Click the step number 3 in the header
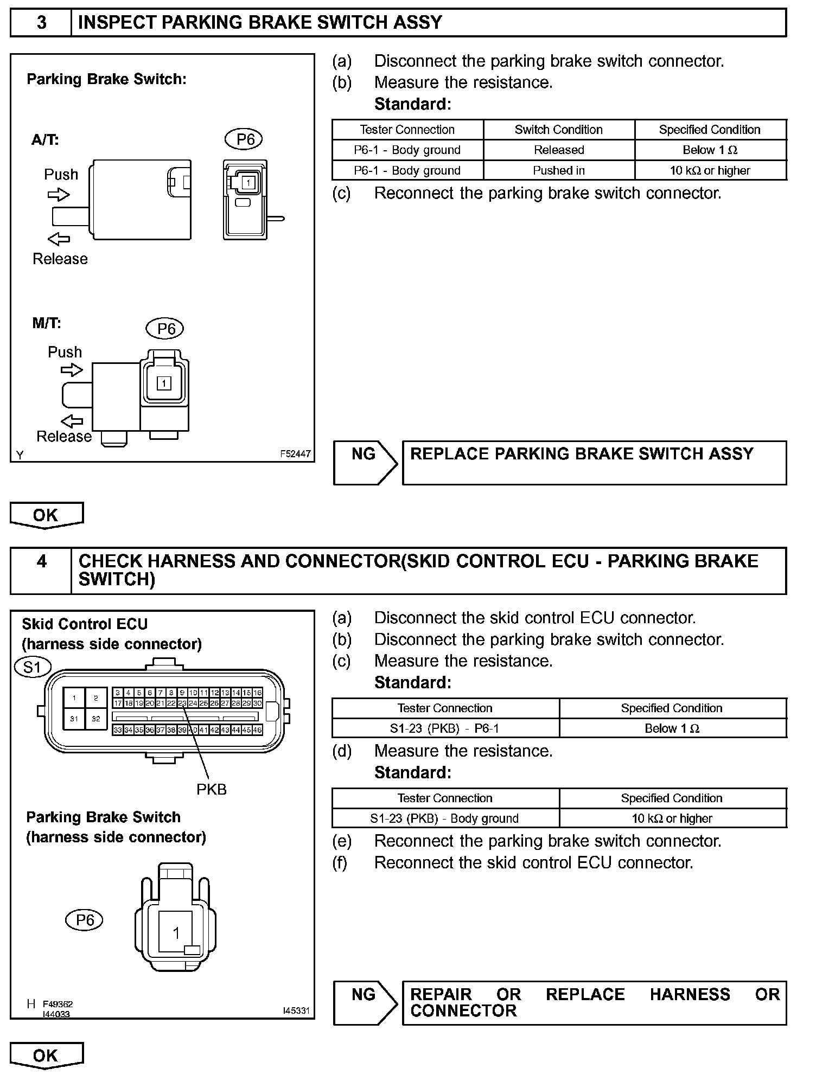[x=41, y=23]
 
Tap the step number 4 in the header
[x=41, y=561]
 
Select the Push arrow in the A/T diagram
[x=59, y=195]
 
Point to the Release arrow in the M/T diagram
[x=72, y=421]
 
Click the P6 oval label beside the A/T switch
[x=245, y=139]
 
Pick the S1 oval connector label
[x=33, y=667]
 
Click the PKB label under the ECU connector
[x=211, y=789]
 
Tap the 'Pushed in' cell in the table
[x=559, y=170]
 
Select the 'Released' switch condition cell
[x=559, y=150]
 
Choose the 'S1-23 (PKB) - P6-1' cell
[x=445, y=728]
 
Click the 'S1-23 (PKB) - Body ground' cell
[x=445, y=818]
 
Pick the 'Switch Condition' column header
[x=559, y=130]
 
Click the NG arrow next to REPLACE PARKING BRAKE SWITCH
[x=366, y=462]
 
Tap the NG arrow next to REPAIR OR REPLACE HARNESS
[x=366, y=1003]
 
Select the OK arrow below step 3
[x=47, y=515]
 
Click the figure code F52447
[x=296, y=453]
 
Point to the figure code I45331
[x=296, y=1010]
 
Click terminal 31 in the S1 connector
[x=74, y=719]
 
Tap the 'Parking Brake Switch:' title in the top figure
[x=106, y=79]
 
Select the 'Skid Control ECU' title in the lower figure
[x=85, y=624]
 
